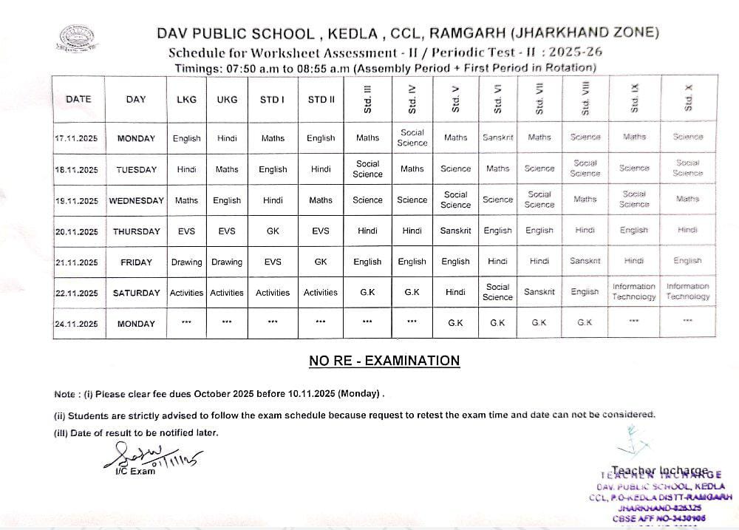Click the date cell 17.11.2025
coord(77,138)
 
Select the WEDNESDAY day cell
coord(136,200)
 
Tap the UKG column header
coord(227,100)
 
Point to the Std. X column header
coord(688,98)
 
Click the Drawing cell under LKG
coord(186,262)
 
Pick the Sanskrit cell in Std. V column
coord(455,231)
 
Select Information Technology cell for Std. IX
coord(633,291)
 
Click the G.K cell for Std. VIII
coord(585,323)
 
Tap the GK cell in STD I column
coord(273,231)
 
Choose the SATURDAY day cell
coord(136,293)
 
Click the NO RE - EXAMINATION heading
coord(384,361)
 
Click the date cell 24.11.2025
coord(77,324)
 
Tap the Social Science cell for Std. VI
coord(497,291)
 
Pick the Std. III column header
coord(367,99)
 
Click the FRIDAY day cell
coord(136,262)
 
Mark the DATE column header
coord(78,99)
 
